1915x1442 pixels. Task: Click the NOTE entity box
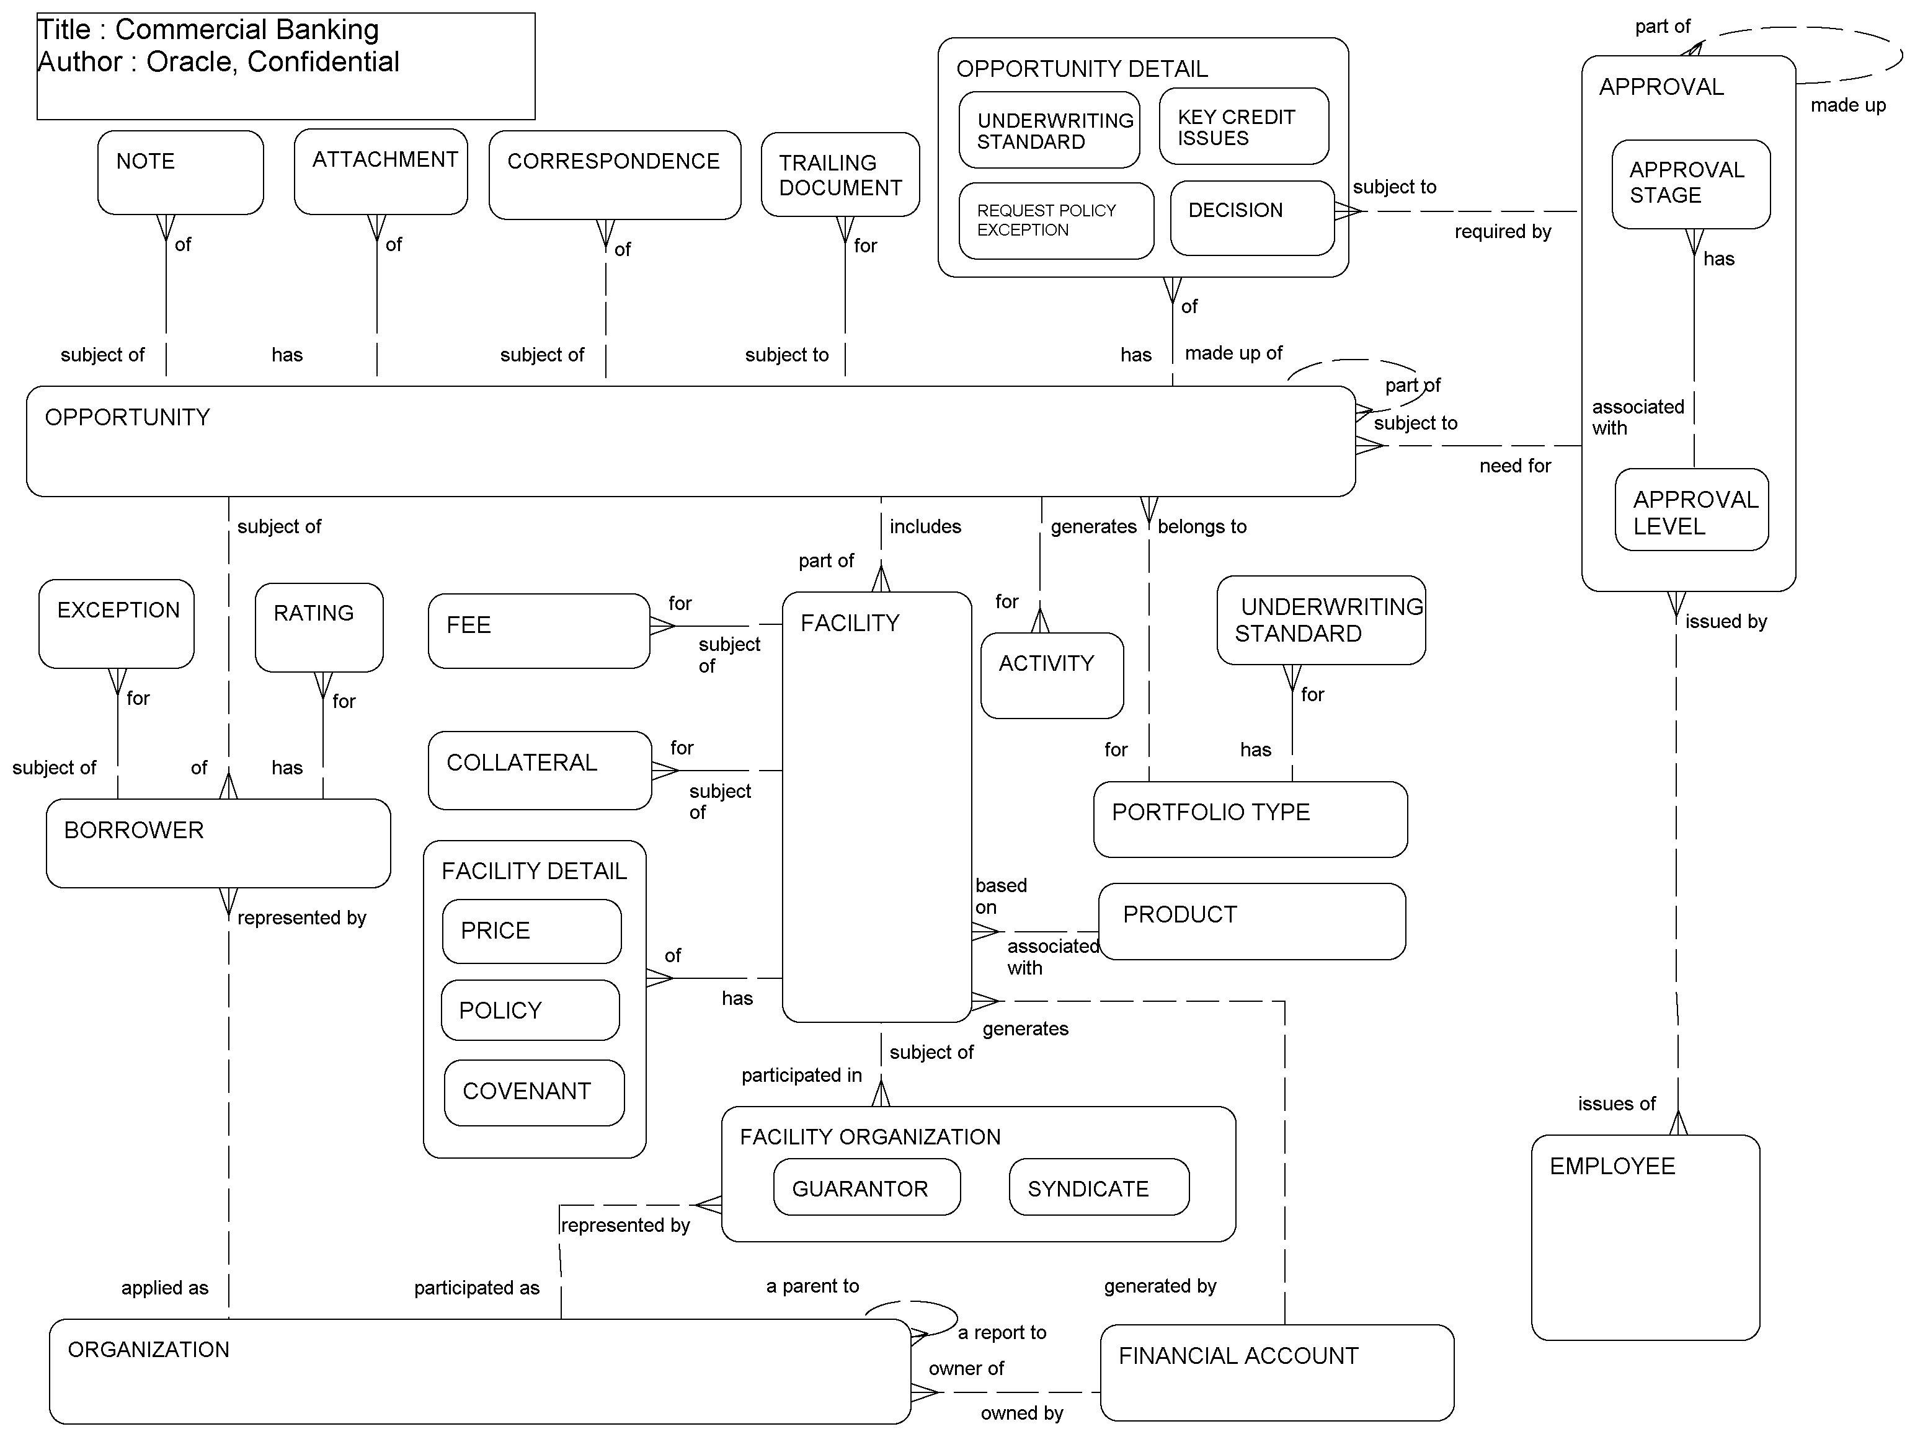[180, 172]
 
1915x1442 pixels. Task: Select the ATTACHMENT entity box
[380, 171]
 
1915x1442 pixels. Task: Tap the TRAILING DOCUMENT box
[840, 175]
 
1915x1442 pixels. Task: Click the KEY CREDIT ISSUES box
[1243, 127]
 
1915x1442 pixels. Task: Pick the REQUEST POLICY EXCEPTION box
[1055, 221]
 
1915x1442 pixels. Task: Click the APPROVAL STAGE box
[1690, 184]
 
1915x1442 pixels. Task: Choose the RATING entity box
[319, 627]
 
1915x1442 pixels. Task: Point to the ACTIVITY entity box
[1051, 675]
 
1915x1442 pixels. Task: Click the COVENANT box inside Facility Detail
[533, 1092]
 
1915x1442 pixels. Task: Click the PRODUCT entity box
[1251, 921]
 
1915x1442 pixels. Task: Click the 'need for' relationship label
[1514, 466]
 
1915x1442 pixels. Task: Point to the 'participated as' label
[476, 1288]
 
